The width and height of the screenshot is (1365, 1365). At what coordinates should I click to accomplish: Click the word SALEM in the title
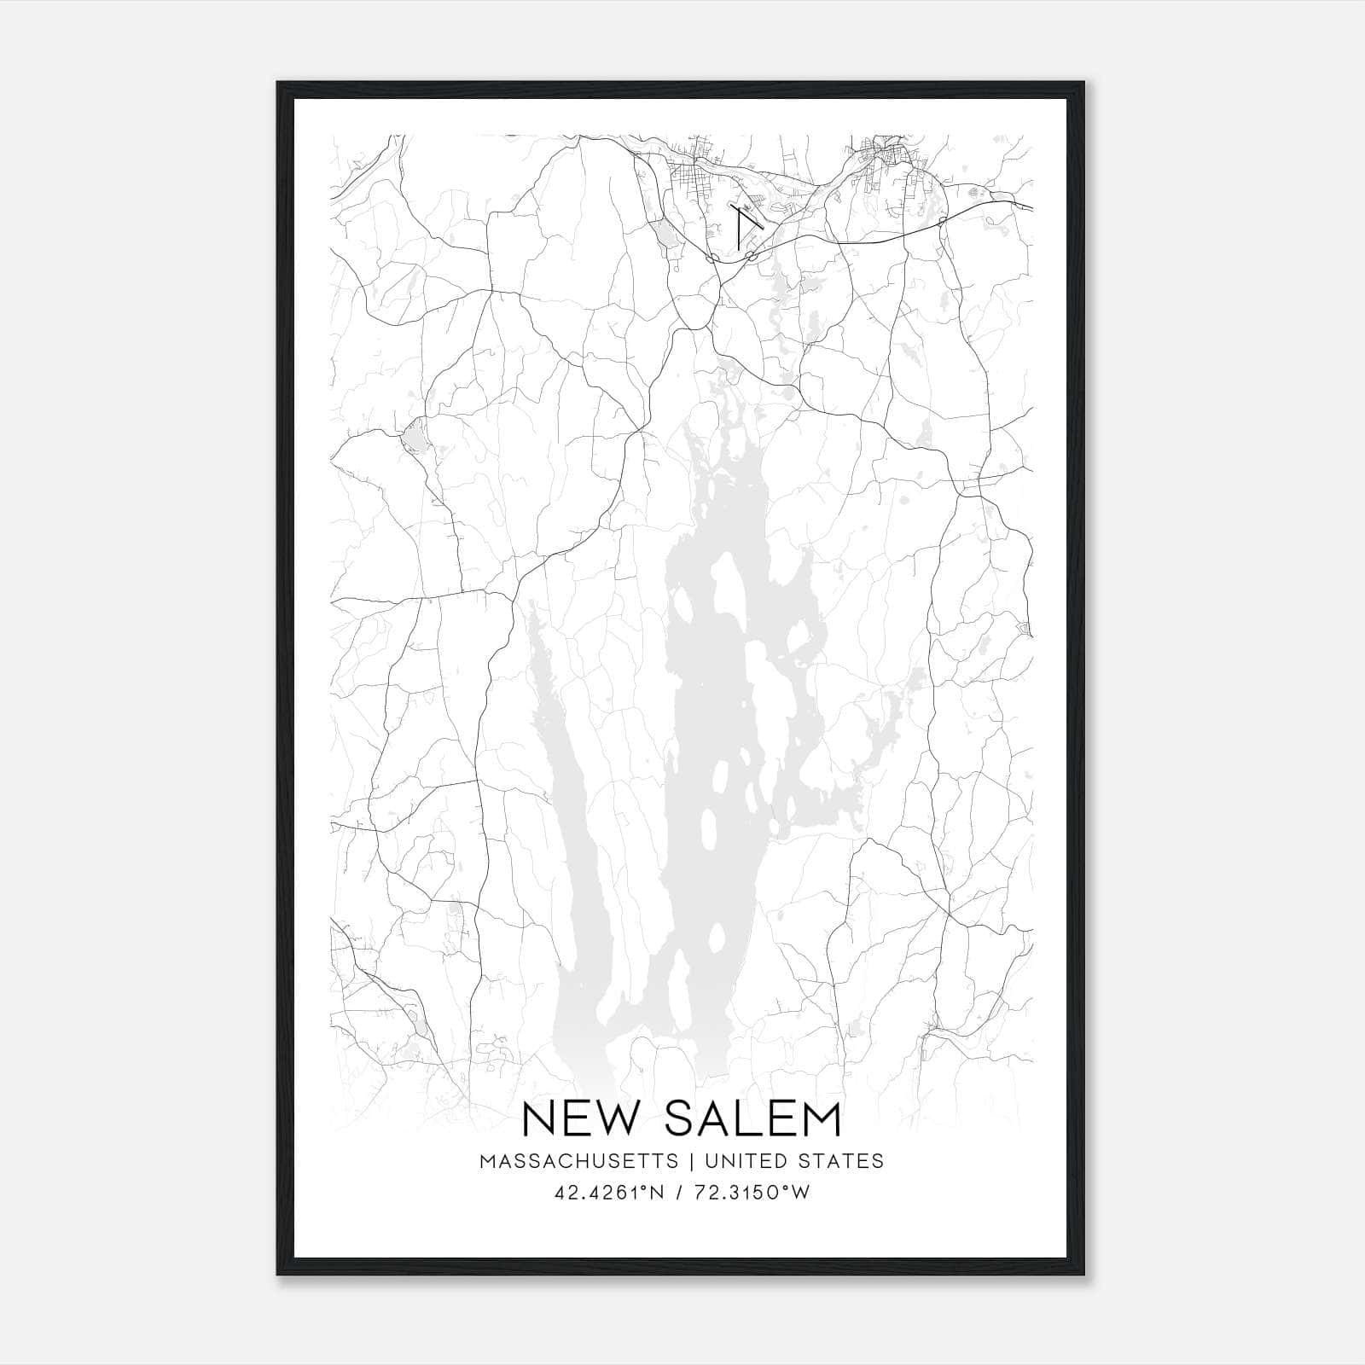tap(753, 1118)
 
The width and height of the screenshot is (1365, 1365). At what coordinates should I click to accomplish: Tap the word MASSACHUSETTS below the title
tap(579, 1161)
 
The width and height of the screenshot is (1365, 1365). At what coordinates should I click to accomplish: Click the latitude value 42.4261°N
tap(606, 1193)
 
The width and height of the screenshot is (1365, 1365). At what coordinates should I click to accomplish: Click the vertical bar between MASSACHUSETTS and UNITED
tap(690, 1161)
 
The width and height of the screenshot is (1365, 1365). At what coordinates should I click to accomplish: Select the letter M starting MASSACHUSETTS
tap(487, 1161)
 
